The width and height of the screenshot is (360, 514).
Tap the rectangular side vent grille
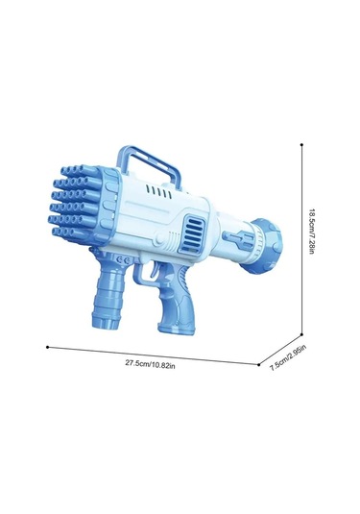(195, 232)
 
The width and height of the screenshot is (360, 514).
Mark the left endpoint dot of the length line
(47, 346)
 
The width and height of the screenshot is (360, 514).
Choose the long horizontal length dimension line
(154, 355)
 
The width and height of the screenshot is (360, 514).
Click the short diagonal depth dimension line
(282, 348)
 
